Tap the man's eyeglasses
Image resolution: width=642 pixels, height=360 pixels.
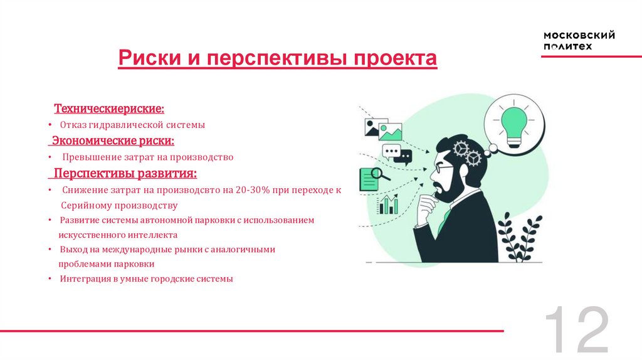(x=445, y=169)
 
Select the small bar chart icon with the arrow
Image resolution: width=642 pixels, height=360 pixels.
(x=388, y=204)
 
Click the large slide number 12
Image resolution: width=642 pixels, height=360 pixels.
(x=576, y=330)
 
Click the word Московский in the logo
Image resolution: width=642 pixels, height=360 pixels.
(x=579, y=35)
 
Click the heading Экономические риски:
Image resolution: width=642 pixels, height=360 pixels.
(x=113, y=140)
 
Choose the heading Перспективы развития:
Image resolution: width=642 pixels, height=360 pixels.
(x=125, y=172)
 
